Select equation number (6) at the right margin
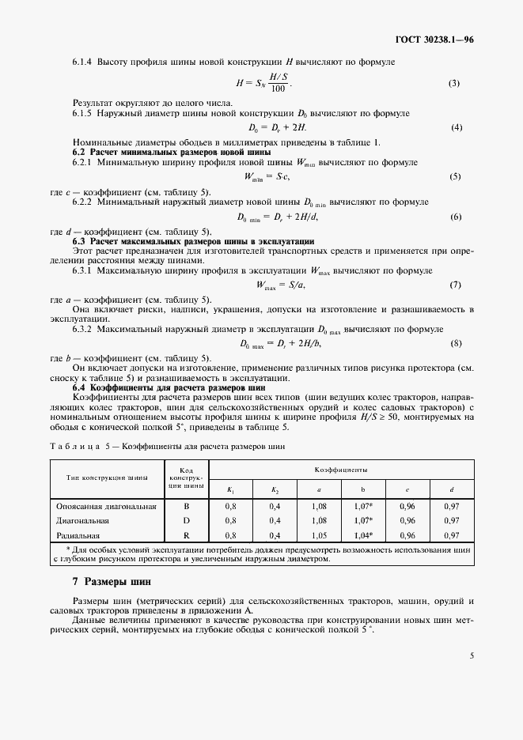(x=456, y=217)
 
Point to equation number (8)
(x=456, y=344)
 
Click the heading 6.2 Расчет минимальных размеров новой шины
(x=172, y=152)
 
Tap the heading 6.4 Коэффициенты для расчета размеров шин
(x=168, y=389)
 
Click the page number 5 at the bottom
(x=471, y=655)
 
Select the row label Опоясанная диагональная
(x=107, y=507)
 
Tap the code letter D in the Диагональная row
(x=186, y=521)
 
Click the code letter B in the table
(x=186, y=507)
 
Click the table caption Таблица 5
(x=84, y=447)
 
